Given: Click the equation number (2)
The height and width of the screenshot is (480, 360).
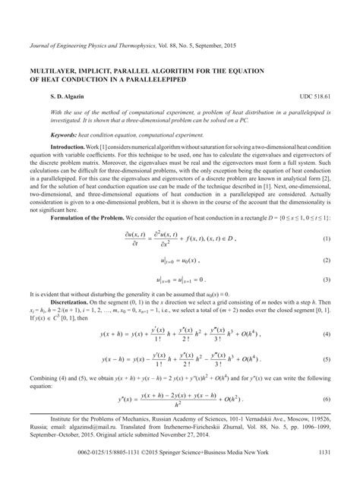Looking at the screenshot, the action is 327,260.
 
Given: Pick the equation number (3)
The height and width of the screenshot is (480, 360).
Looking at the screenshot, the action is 327,279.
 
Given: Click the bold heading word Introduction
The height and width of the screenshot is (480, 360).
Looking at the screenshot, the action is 68,145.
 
